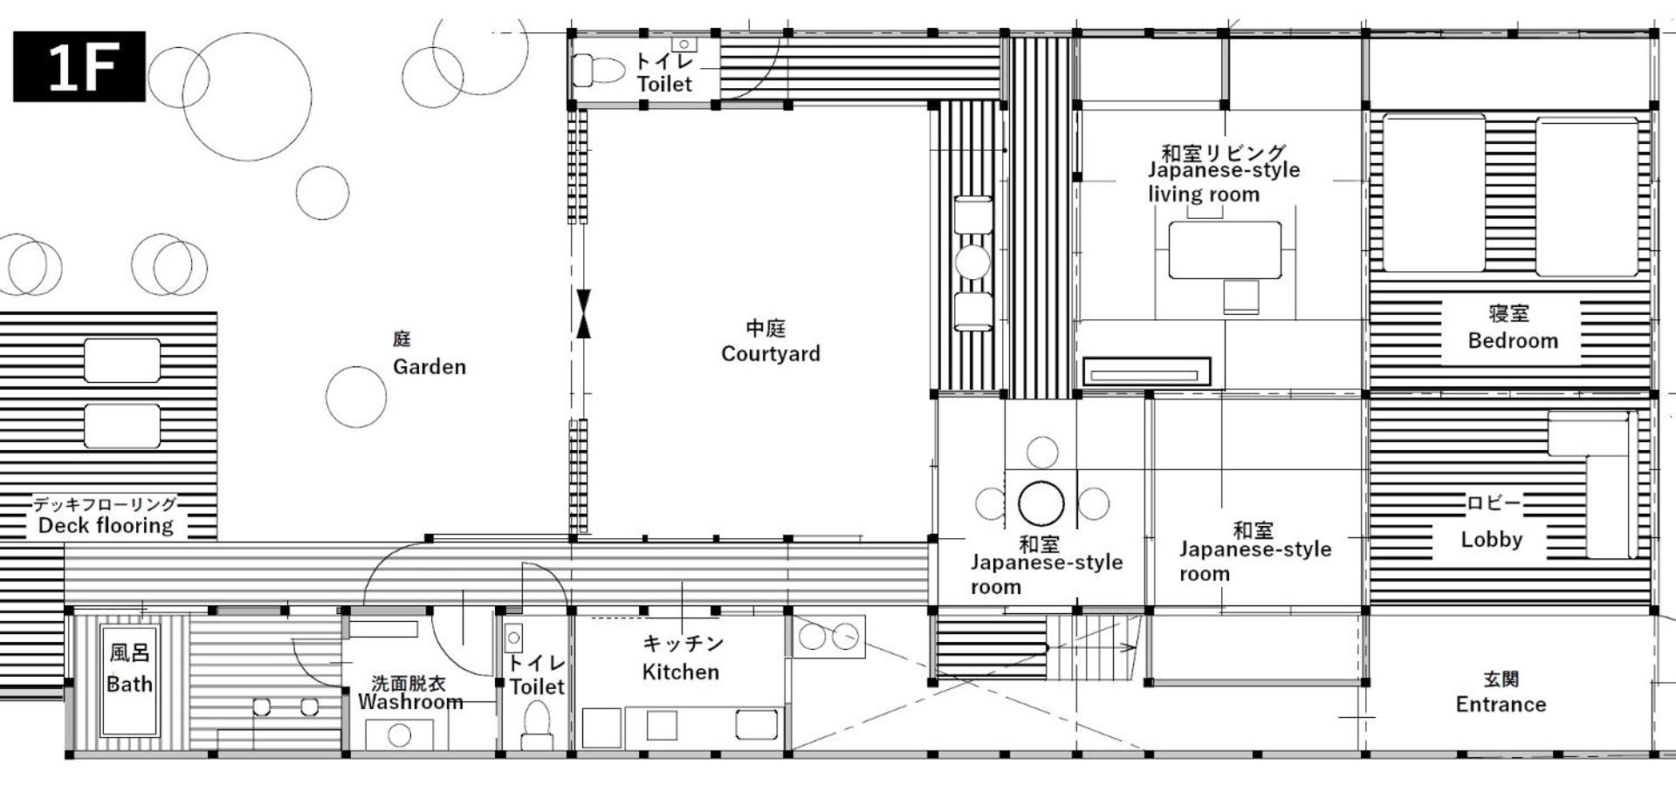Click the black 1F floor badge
tap(79, 66)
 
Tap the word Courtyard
tap(771, 354)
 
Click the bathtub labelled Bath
tap(129, 680)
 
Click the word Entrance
tap(1501, 705)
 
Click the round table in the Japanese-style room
tap(1041, 504)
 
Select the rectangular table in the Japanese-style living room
tap(1225, 250)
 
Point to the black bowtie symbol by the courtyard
tap(584, 313)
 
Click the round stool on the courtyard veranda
tap(972, 262)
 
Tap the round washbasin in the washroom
tap(399, 735)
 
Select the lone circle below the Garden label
tap(356, 397)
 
